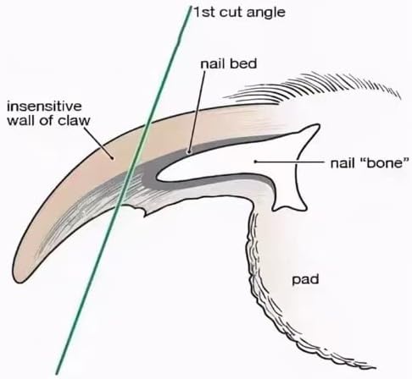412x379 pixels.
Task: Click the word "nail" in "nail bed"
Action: point(213,63)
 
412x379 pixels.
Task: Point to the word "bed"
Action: point(242,63)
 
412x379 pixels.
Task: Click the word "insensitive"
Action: point(44,107)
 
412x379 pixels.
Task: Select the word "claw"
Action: point(74,120)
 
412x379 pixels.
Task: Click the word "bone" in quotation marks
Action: point(386,163)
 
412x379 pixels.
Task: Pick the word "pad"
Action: point(305,280)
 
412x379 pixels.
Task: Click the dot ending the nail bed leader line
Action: point(188,151)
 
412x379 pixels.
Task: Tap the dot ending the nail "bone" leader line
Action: point(255,162)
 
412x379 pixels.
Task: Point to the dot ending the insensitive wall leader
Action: point(113,158)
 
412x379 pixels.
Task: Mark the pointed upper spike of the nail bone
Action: point(317,125)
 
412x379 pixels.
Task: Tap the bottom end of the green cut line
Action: point(58,373)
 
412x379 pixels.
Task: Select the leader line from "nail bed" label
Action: point(197,111)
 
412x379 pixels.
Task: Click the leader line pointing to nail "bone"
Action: point(290,162)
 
